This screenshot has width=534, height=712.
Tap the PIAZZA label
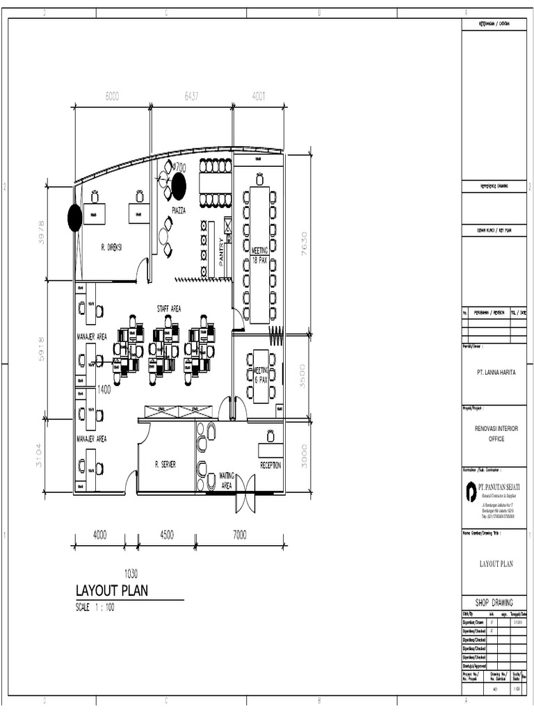(179, 211)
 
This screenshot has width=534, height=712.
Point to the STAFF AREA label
(168, 308)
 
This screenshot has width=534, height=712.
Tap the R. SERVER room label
(165, 464)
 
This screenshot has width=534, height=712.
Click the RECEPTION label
(270, 465)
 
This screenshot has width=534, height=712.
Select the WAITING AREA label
(227, 480)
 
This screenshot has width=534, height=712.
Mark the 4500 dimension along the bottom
(166, 535)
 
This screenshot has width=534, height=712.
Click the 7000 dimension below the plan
(239, 535)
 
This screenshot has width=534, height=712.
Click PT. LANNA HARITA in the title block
(496, 373)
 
